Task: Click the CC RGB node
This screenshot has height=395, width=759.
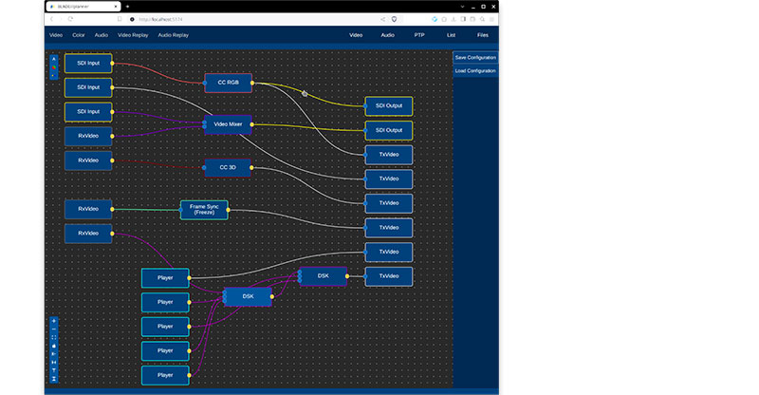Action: pyautogui.click(x=228, y=83)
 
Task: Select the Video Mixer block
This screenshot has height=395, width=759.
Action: pyautogui.click(x=228, y=124)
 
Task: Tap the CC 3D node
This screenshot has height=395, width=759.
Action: pyautogui.click(x=228, y=167)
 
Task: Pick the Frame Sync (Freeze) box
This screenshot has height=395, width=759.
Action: pyautogui.click(x=204, y=210)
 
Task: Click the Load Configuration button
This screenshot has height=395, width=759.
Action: pyautogui.click(x=474, y=71)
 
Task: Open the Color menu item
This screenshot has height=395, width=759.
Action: pyautogui.click(x=79, y=35)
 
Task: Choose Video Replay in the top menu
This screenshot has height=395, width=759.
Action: pyautogui.click(x=133, y=35)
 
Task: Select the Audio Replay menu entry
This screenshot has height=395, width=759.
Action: pyautogui.click(x=174, y=35)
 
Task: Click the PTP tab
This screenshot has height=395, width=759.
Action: pyautogui.click(x=419, y=35)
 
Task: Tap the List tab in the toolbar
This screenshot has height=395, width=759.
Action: pyautogui.click(x=450, y=35)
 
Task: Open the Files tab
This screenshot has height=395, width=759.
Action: pyautogui.click(x=483, y=35)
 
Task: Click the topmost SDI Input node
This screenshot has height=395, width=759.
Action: pyautogui.click(x=88, y=64)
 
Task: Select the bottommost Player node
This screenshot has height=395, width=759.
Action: pyautogui.click(x=165, y=375)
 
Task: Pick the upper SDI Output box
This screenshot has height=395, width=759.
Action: pyautogui.click(x=389, y=105)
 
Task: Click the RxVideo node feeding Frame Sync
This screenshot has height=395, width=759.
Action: pyautogui.click(x=88, y=209)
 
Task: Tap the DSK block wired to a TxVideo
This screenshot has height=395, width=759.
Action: pyautogui.click(x=323, y=275)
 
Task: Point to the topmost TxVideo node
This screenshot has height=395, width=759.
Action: pyautogui.click(x=389, y=154)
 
